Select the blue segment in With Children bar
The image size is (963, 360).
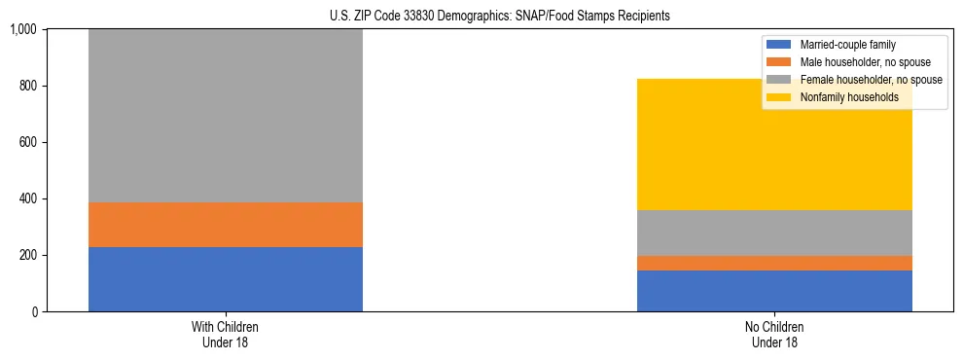click(x=225, y=279)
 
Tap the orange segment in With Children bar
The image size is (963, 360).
click(x=225, y=225)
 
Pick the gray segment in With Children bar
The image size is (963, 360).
click(x=225, y=116)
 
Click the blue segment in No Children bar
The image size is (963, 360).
click(x=774, y=291)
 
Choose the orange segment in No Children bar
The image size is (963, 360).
click(x=774, y=263)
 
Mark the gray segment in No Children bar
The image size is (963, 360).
click(x=774, y=233)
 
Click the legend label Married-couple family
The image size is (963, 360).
click(x=847, y=45)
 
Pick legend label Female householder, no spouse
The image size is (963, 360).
click(x=869, y=80)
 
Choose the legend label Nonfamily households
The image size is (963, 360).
click(x=849, y=97)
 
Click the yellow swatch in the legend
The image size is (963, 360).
click(x=779, y=97)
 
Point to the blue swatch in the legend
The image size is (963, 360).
click(x=779, y=45)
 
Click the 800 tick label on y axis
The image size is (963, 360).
click(x=28, y=86)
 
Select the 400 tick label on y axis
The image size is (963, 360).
click(x=28, y=198)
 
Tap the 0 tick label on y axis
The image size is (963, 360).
click(x=34, y=311)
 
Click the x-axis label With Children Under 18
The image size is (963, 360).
click(x=225, y=335)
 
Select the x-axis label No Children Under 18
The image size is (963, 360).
click(x=774, y=335)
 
